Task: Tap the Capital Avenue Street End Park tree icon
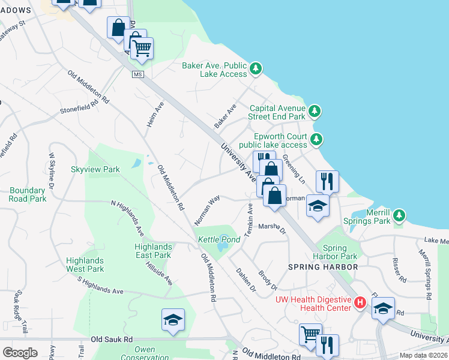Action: (x=314, y=111)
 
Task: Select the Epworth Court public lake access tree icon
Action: (x=317, y=140)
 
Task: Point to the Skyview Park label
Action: (x=95, y=170)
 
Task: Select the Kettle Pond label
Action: (x=219, y=239)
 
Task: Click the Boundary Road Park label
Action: (x=28, y=194)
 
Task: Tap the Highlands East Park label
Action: (x=153, y=251)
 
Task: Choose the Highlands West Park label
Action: (x=85, y=265)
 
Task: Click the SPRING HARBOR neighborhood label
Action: (x=322, y=266)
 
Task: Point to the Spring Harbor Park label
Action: (x=340, y=252)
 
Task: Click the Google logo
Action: (x=20, y=352)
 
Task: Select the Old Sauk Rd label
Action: (x=112, y=340)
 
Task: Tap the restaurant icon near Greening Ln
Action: (x=327, y=180)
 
